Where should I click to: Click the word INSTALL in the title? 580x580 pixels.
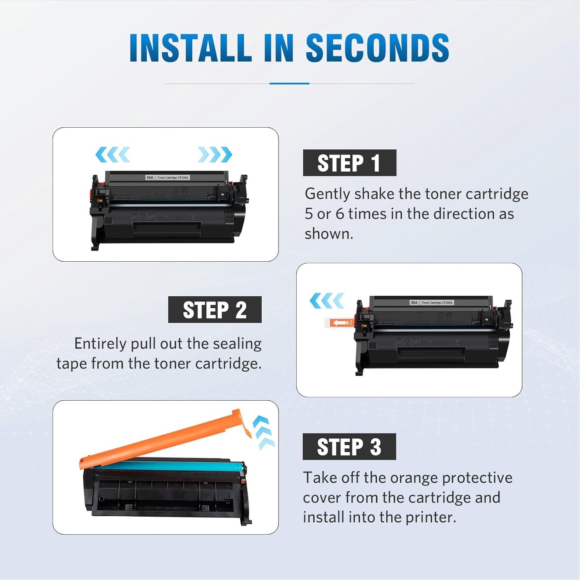pyautogui.click(x=190, y=48)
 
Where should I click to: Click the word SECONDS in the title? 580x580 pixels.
pyautogui.click(x=377, y=48)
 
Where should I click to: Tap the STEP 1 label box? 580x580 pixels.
pyautogui.click(x=349, y=163)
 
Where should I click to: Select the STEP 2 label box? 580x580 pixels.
pyautogui.click(x=215, y=310)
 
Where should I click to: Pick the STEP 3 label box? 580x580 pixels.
pyautogui.click(x=349, y=447)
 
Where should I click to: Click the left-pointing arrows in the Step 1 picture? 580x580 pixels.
pyautogui.click(x=112, y=155)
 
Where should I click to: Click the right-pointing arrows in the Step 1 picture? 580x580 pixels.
pyautogui.click(x=215, y=155)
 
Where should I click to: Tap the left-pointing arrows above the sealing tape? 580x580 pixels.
pyautogui.click(x=327, y=301)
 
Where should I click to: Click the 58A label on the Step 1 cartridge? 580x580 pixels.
pyautogui.click(x=150, y=177)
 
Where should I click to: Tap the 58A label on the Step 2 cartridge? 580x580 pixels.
pyautogui.click(x=414, y=303)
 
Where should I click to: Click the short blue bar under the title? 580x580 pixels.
pyautogui.click(x=289, y=83)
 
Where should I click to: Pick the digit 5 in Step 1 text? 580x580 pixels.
pyautogui.click(x=308, y=214)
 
